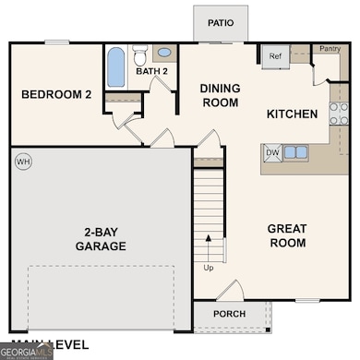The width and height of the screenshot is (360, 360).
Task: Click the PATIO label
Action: point(220,23)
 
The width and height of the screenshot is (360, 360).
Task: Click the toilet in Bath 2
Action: point(140,52)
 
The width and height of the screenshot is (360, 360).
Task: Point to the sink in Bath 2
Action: point(164,53)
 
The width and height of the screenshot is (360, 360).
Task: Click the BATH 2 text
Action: point(151,70)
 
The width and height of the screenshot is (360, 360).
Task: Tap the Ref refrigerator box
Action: point(275,56)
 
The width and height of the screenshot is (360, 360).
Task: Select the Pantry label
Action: point(330,48)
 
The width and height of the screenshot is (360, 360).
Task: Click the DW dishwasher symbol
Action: point(272,152)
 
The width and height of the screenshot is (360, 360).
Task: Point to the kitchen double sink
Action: point(295,152)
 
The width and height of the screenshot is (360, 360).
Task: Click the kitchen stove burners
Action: point(339,113)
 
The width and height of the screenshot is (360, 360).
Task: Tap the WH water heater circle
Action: point(23,161)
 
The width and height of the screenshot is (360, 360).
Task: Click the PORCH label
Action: point(229,313)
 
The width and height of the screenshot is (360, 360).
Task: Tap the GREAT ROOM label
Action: point(286,235)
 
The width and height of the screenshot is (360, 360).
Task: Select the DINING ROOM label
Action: point(221,95)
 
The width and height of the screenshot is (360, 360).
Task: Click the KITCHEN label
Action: point(292,114)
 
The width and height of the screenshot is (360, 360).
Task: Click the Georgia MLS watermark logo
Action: point(30,350)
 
